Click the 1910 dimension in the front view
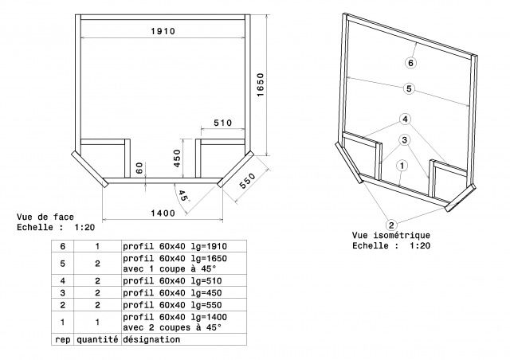coord(163,31)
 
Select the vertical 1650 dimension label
coord(261,85)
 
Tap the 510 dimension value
coord(223,123)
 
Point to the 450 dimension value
coord(177,158)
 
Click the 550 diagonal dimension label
coord(248,181)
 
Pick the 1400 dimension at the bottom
coord(163,213)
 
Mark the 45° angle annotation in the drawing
coord(183,196)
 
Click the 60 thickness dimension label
coord(139,168)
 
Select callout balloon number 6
coord(411,63)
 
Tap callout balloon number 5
coord(409,88)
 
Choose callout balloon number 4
coord(405,119)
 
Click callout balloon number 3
coord(404,140)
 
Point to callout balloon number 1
coord(402,166)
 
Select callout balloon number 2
coord(391,225)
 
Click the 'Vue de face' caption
coord(45,217)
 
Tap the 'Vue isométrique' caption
coord(391,235)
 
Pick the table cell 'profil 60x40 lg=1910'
coord(175,246)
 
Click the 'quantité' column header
coord(97,339)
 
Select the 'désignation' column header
coord(151,339)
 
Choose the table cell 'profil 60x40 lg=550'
coord(172,305)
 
